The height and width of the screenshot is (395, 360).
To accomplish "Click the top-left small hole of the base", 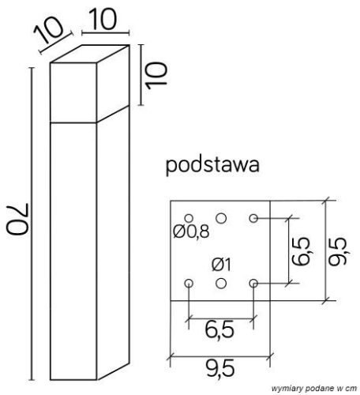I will [x=188, y=217].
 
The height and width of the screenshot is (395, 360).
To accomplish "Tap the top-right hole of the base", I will [x=253, y=217].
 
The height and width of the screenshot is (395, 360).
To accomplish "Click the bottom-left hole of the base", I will [x=188, y=283].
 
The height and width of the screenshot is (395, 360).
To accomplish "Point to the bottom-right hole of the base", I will [x=253, y=283].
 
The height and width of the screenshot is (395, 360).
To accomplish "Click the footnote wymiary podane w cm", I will [x=313, y=389].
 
